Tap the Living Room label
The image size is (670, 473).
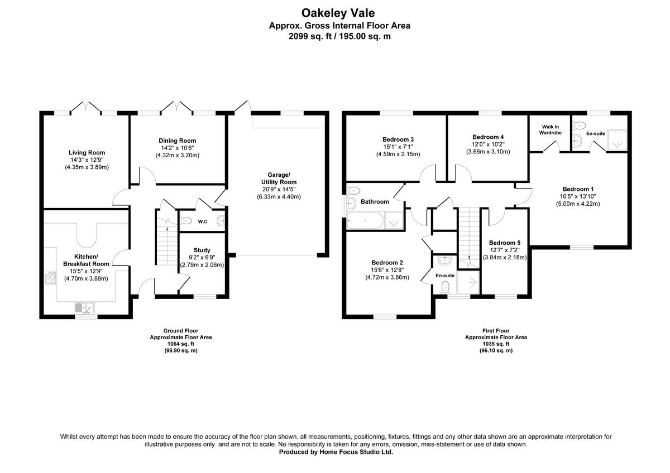(87, 152)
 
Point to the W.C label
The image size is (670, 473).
(203, 221)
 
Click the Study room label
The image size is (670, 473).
(202, 250)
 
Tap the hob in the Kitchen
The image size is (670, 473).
(50, 278)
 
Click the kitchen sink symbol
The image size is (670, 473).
(85, 307)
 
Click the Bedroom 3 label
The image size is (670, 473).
(398, 139)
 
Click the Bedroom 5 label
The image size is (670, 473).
(504, 243)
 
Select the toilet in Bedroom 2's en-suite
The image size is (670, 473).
(446, 287)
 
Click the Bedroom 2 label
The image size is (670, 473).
(386, 262)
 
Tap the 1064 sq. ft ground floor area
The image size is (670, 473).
(180, 344)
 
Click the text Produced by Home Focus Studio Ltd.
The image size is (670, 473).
(336, 452)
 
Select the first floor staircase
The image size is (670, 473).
(468, 234)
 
